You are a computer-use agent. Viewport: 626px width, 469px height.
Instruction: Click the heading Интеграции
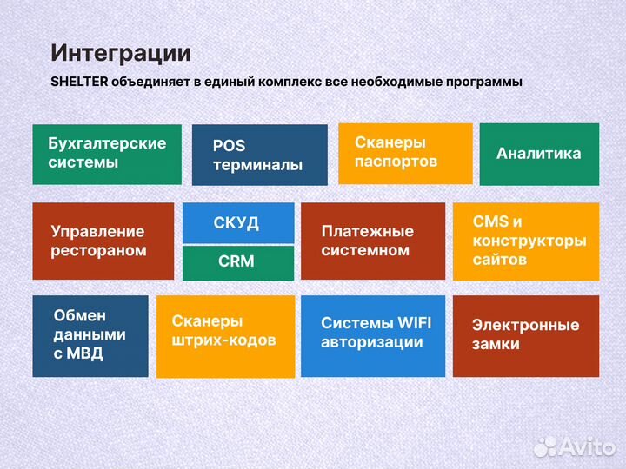click(120, 53)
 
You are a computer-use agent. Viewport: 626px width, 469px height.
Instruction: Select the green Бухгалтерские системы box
click(107, 154)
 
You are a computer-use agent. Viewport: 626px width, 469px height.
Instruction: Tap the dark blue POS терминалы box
click(259, 155)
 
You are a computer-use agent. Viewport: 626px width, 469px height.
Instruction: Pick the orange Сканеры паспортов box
click(404, 153)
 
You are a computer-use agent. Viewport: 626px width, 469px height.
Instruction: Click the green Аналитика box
click(539, 154)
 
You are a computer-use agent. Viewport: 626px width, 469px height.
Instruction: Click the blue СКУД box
click(236, 223)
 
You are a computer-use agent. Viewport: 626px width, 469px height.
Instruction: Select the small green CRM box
click(236, 261)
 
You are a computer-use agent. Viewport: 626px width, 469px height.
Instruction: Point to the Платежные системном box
click(372, 241)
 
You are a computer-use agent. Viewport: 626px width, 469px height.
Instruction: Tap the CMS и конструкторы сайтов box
click(526, 241)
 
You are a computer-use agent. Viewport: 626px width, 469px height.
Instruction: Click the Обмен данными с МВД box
click(90, 335)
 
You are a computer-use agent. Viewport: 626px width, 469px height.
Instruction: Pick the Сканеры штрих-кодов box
click(225, 336)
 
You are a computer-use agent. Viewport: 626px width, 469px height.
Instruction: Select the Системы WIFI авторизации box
click(372, 335)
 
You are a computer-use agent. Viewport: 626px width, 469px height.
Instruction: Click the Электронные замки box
click(525, 335)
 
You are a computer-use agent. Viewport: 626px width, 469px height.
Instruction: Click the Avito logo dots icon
click(544, 446)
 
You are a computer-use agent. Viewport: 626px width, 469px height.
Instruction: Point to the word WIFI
click(414, 323)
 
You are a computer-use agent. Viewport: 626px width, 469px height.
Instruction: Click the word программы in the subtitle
click(478, 83)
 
